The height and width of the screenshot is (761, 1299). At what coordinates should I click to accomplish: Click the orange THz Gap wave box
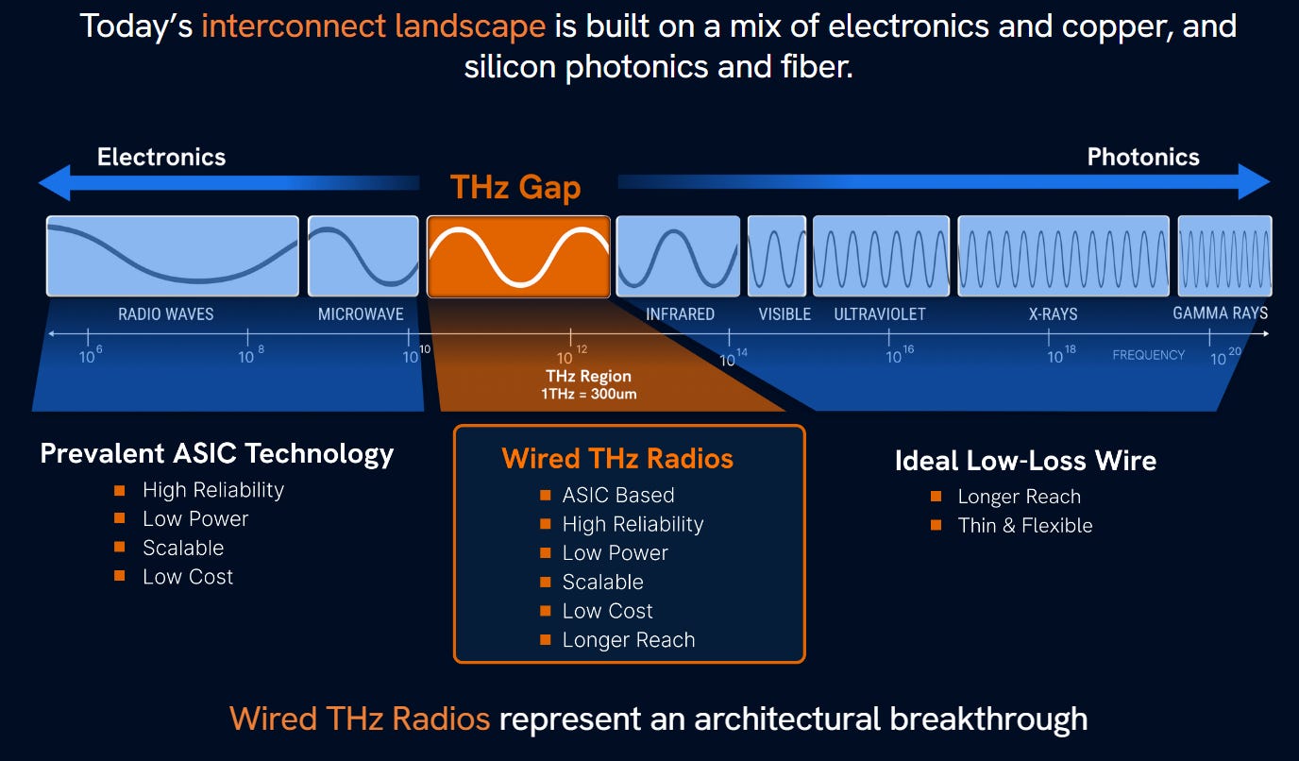(x=518, y=257)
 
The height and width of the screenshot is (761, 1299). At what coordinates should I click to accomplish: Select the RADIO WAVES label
(x=166, y=314)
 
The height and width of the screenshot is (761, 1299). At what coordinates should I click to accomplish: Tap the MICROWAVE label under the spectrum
(x=361, y=314)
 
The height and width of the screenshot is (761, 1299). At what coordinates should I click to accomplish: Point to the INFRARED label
(x=680, y=314)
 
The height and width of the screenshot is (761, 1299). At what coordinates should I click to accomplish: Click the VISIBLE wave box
(x=777, y=256)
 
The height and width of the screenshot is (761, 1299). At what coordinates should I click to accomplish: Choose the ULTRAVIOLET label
(x=880, y=314)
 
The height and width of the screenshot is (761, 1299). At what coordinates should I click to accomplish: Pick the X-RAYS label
(x=1053, y=314)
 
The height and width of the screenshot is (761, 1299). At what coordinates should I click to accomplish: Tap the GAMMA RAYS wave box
(x=1224, y=256)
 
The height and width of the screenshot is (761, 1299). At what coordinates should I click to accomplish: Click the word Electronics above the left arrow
(x=161, y=157)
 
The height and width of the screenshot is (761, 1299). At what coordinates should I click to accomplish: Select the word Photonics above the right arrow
(x=1143, y=157)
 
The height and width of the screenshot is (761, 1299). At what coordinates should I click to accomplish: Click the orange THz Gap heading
(x=515, y=187)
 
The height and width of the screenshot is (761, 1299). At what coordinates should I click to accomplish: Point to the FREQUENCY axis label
(x=1149, y=355)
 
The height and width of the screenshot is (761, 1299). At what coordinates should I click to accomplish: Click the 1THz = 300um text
(x=588, y=394)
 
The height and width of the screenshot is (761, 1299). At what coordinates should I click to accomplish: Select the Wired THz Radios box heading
(x=617, y=459)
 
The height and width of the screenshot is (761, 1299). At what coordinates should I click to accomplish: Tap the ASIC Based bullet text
(x=618, y=495)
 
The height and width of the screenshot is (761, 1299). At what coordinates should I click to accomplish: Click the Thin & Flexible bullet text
(x=1024, y=526)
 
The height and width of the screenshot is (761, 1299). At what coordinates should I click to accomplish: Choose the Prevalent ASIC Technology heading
(x=216, y=454)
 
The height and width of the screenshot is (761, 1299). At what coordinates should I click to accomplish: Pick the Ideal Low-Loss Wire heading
(x=1025, y=461)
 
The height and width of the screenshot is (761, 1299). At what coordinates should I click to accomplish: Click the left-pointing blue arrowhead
(x=55, y=182)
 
